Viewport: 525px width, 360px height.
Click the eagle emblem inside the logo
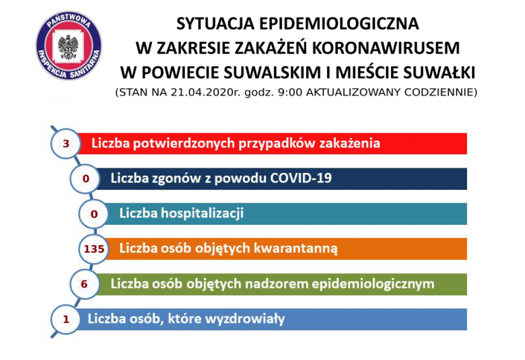tap(68, 47)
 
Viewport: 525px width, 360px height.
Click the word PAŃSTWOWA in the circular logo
tap(69, 21)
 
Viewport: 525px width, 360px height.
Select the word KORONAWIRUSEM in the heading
tap(386, 48)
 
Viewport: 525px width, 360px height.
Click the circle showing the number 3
tap(66, 144)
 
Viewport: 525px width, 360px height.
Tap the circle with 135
tap(94, 249)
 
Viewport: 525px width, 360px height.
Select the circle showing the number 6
tap(84, 285)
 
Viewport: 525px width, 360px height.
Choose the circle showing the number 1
tap(66, 319)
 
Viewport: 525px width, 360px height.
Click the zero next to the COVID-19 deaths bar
tap(85, 179)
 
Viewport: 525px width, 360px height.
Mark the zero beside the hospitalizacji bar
tap(94, 214)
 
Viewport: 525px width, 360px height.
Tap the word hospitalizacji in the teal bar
tap(202, 213)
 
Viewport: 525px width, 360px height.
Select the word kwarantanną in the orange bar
tap(295, 249)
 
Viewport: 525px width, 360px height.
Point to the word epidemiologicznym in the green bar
tap(373, 284)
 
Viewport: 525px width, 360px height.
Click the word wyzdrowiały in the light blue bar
tap(245, 319)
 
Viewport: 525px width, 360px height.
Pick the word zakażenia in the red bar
tap(349, 143)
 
